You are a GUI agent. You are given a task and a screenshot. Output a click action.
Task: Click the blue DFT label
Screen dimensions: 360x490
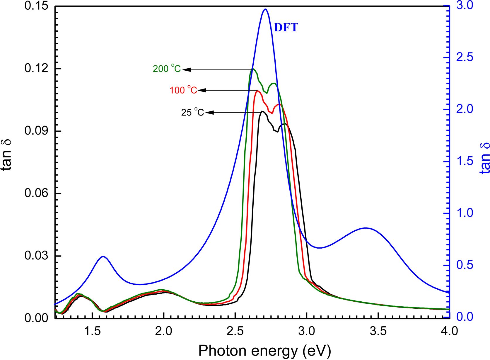[286, 28]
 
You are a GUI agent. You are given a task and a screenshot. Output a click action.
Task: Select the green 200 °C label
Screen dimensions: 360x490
[167, 69]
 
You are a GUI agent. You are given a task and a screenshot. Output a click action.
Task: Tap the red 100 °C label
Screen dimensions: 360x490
[183, 90]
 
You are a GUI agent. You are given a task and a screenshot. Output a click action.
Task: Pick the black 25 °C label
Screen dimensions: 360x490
[192, 112]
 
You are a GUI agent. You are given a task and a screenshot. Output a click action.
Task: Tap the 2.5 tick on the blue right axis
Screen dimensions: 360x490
[465, 57]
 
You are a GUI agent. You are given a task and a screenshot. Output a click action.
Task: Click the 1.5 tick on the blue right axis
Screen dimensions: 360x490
[465, 162]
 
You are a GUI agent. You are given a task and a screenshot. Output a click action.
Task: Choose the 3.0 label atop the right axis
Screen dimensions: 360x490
[465, 6]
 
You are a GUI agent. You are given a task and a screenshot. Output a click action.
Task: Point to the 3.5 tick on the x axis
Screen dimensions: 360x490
[378, 331]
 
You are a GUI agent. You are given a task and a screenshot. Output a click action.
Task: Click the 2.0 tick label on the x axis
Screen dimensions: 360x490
[164, 331]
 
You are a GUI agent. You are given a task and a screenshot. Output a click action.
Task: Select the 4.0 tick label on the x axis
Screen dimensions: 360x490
[449, 331]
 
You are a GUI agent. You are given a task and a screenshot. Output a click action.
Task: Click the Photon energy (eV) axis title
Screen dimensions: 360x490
[264, 350]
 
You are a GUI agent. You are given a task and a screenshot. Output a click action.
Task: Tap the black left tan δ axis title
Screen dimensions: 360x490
[7, 154]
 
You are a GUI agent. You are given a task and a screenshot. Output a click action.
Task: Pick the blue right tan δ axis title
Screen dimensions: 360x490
[485, 158]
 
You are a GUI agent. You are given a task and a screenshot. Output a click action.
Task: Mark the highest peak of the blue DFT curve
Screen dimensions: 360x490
[265, 9]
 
